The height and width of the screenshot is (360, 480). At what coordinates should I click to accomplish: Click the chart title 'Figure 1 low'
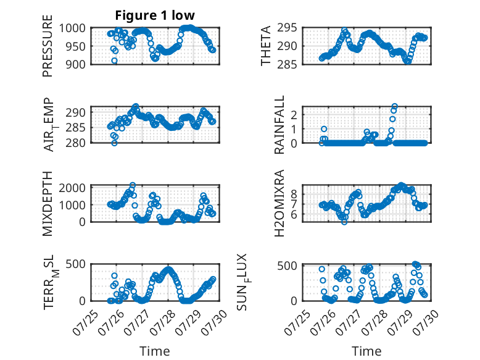155,15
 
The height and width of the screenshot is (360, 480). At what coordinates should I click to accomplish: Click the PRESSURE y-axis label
48,46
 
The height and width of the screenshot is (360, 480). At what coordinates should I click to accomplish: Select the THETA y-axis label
266,46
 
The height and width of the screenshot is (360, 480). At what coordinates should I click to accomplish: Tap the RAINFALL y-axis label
279,125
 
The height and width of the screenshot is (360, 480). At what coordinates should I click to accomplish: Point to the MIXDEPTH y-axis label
48,204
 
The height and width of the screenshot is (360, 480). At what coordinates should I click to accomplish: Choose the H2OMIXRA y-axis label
279,203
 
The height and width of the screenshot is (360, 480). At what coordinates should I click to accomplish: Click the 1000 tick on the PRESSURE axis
72,28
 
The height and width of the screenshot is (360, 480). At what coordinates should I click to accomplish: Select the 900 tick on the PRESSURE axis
76,64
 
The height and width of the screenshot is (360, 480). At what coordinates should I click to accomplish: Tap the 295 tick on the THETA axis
287,28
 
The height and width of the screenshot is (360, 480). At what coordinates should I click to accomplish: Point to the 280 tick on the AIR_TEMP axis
76,143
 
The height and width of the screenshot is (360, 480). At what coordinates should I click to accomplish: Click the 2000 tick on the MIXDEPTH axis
72,188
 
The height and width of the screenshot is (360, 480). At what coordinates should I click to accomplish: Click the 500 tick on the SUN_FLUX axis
287,266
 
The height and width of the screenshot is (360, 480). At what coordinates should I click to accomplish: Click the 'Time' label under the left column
155,351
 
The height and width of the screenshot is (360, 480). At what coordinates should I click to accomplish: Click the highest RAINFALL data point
395,107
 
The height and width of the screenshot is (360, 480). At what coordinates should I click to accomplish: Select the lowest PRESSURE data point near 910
114,61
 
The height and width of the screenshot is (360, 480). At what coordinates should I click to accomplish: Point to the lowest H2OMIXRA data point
344,222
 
